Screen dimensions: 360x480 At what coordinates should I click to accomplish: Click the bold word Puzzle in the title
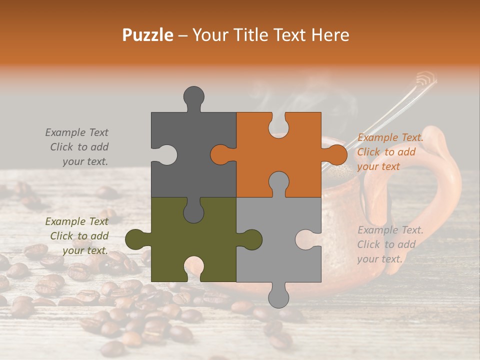pos(148,35)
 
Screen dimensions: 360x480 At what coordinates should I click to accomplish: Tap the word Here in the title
pos(329,35)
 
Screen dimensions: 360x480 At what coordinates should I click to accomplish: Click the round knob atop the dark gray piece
pos(194,96)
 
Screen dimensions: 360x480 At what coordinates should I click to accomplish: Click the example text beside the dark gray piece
pos(78,147)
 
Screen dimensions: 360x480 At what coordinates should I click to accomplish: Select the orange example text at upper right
pos(390,152)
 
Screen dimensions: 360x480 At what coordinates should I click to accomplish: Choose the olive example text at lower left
pos(78,236)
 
